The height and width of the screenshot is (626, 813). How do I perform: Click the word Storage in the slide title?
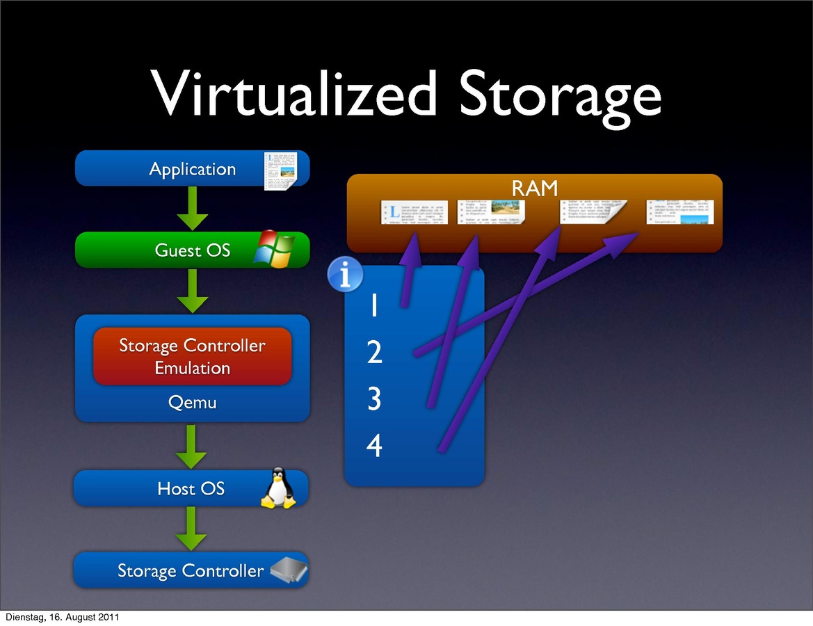coord(560,95)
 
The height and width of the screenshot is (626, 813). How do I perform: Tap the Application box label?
coord(193,169)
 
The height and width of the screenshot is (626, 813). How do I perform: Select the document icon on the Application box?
coord(280,170)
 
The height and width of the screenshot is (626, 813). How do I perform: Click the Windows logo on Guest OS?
coord(274,250)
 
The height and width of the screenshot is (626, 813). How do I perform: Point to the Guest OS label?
coord(193,250)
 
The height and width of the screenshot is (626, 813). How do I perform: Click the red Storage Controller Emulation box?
coord(192,356)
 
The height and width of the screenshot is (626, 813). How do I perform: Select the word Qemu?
coord(193,402)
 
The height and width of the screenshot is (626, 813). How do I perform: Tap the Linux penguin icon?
coord(278,488)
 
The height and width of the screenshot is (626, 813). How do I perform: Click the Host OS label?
coord(191,489)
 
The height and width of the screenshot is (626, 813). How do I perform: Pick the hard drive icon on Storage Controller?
coord(289,570)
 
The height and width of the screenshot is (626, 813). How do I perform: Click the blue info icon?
coord(345,274)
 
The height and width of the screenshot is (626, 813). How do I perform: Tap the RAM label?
coord(535,188)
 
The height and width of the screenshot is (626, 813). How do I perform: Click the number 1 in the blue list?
coord(374,306)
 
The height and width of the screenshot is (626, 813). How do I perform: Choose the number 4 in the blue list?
coord(374,446)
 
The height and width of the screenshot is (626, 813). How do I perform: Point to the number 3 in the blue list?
coord(374,399)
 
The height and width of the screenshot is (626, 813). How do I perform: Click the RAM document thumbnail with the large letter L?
coord(414,212)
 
